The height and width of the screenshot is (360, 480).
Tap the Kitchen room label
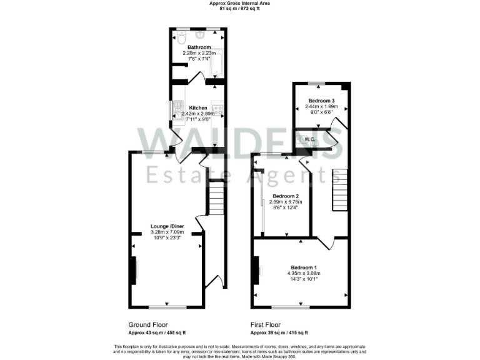point(198,107)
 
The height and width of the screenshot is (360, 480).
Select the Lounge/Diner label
point(167,226)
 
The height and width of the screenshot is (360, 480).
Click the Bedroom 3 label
point(321,101)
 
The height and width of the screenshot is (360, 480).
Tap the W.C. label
point(310,139)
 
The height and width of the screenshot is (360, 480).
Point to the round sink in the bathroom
point(201,36)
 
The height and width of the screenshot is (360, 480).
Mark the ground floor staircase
point(216,197)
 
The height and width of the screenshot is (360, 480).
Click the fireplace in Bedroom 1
point(256,271)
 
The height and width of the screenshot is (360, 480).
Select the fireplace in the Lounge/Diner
point(134,270)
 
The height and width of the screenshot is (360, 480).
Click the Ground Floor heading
point(148,325)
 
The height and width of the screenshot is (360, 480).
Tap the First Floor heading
point(266,325)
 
